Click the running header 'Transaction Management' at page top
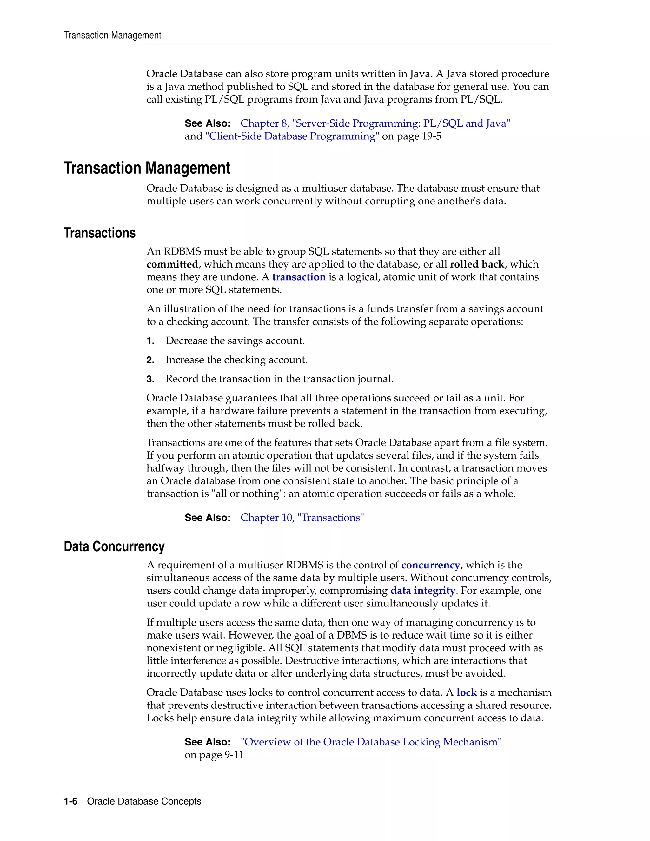point(112,36)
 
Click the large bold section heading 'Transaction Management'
point(147,168)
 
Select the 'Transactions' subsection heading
point(99,233)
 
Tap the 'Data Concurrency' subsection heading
point(114,546)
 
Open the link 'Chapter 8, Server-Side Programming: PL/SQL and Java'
point(375,123)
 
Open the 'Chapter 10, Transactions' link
point(302,518)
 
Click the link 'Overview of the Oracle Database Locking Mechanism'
point(371,742)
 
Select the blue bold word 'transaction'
point(299,277)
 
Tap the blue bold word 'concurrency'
point(430,565)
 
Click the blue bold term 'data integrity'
point(423,590)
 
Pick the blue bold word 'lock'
point(466,692)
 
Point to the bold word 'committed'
point(172,264)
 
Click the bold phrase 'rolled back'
point(477,264)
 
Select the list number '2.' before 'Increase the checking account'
point(150,360)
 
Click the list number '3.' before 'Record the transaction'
point(150,379)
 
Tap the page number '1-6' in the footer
point(70,801)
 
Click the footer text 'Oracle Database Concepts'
point(144,801)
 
